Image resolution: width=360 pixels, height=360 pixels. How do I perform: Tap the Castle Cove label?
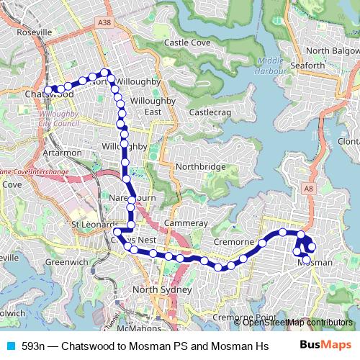click(186, 43)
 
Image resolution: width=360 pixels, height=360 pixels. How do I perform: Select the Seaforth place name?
click(307, 66)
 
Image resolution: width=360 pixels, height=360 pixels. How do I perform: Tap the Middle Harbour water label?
click(269, 65)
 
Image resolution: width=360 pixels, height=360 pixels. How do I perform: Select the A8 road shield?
click(309, 188)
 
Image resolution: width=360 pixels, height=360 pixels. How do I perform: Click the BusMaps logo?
click(325, 344)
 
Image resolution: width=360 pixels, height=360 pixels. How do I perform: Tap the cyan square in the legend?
click(10, 346)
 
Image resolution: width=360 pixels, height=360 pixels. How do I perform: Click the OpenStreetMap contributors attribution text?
click(297, 323)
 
